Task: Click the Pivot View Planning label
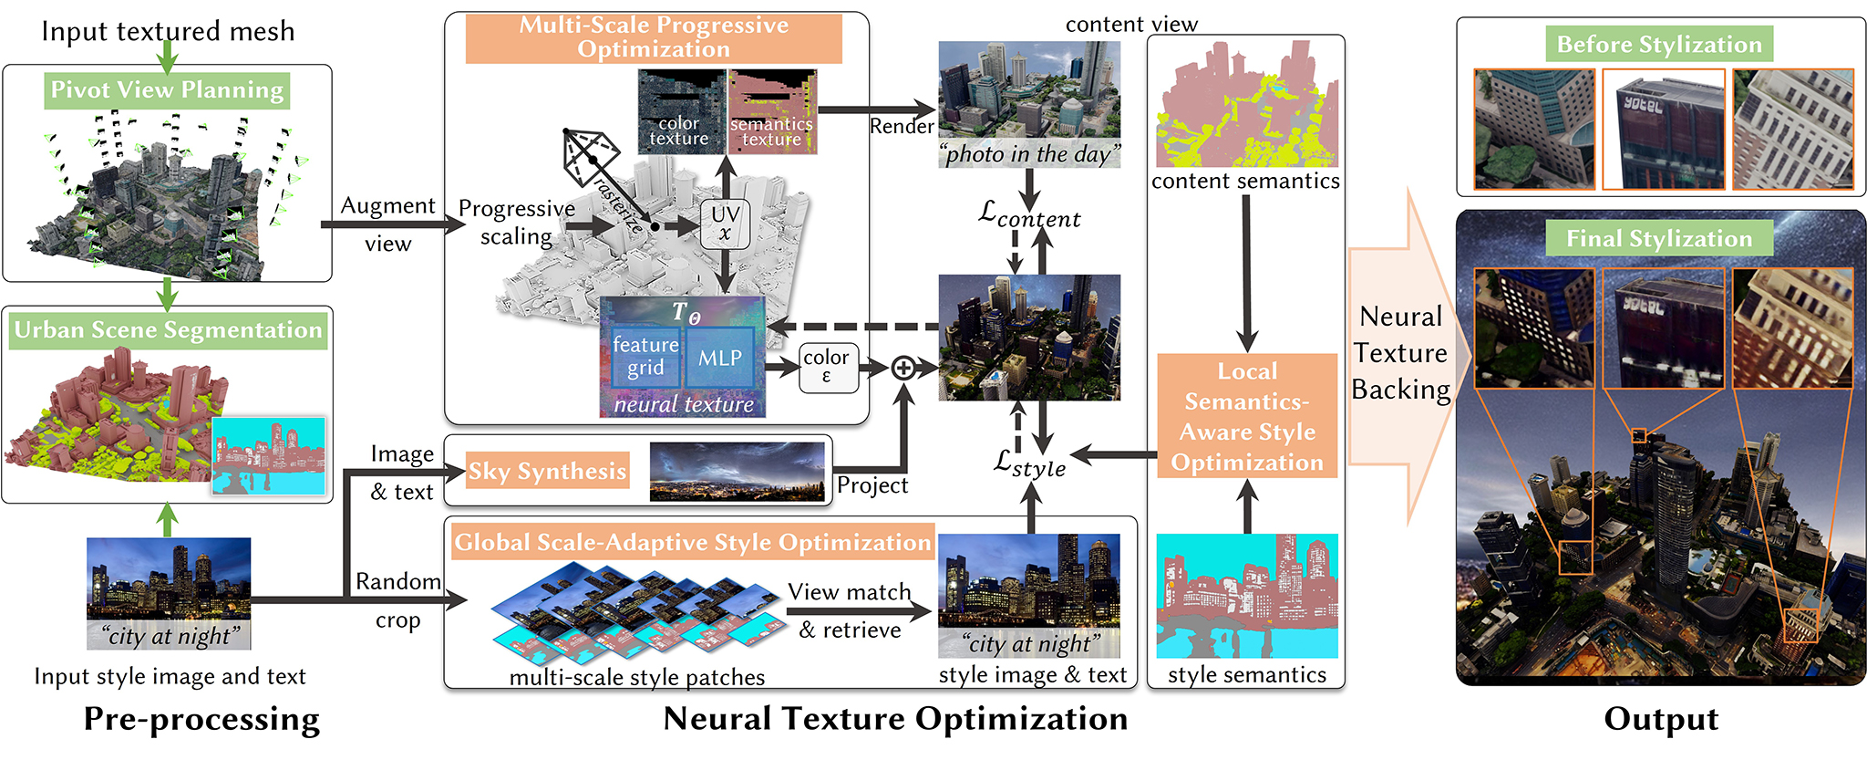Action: [x=167, y=90]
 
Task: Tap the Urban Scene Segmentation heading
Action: [x=168, y=330]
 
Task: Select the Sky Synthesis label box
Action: [x=547, y=471]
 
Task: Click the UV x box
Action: [x=725, y=224]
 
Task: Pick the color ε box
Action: [x=828, y=368]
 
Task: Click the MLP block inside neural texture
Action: [x=720, y=358]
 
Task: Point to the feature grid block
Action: [x=645, y=358]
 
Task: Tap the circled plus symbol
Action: [x=903, y=368]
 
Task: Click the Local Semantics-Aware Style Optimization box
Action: [x=1247, y=416]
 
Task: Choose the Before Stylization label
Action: [x=1659, y=44]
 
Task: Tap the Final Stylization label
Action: [x=1659, y=238]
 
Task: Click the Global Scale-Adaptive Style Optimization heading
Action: [x=693, y=542]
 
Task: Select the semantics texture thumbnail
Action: [x=773, y=111]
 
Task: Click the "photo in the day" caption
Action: [x=1029, y=153]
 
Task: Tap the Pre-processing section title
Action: [x=201, y=719]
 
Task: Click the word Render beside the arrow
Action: [x=902, y=126]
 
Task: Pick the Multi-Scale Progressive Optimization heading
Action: [x=654, y=37]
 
